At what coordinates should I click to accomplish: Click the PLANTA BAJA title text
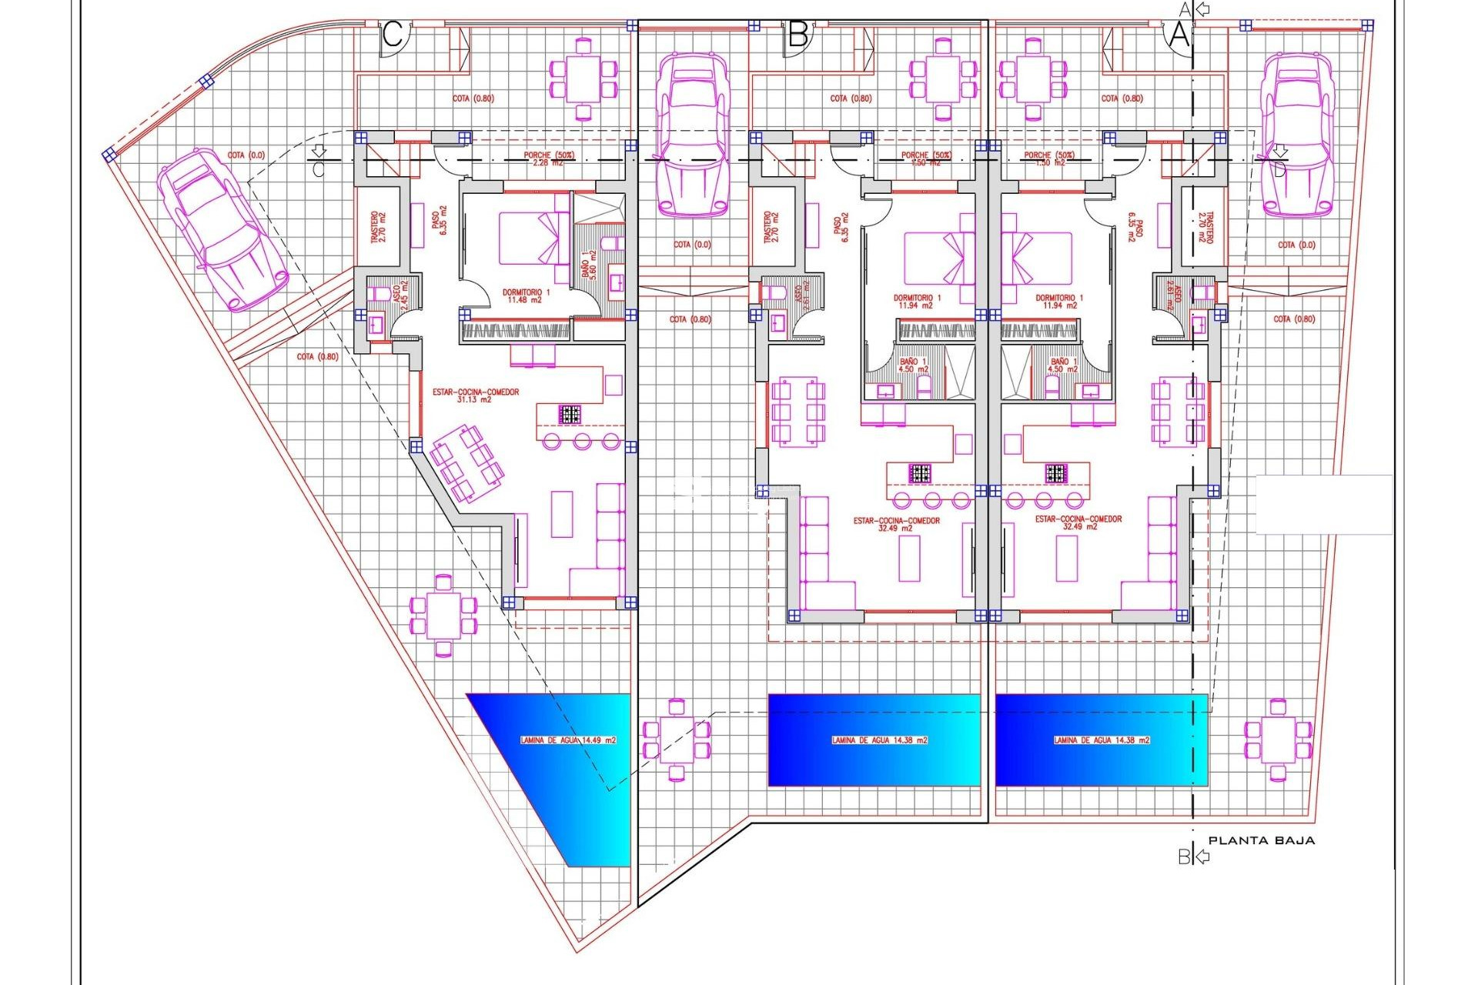point(1261,841)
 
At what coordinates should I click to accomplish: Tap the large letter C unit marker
point(393,35)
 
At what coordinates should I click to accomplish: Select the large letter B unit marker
point(798,35)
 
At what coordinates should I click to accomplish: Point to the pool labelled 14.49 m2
point(568,740)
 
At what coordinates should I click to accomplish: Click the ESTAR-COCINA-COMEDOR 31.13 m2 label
point(475,396)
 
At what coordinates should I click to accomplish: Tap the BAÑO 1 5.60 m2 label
point(589,264)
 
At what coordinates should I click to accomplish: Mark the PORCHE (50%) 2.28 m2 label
point(548,159)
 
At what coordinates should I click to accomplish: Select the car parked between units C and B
point(692,134)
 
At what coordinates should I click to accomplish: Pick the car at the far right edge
point(1296,134)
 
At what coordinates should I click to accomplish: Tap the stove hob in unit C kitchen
point(570,415)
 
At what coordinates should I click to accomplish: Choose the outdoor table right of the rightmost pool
point(1278,740)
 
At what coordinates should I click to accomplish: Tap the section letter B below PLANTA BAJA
point(1184,856)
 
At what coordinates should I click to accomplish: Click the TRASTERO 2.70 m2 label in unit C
point(378,227)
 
